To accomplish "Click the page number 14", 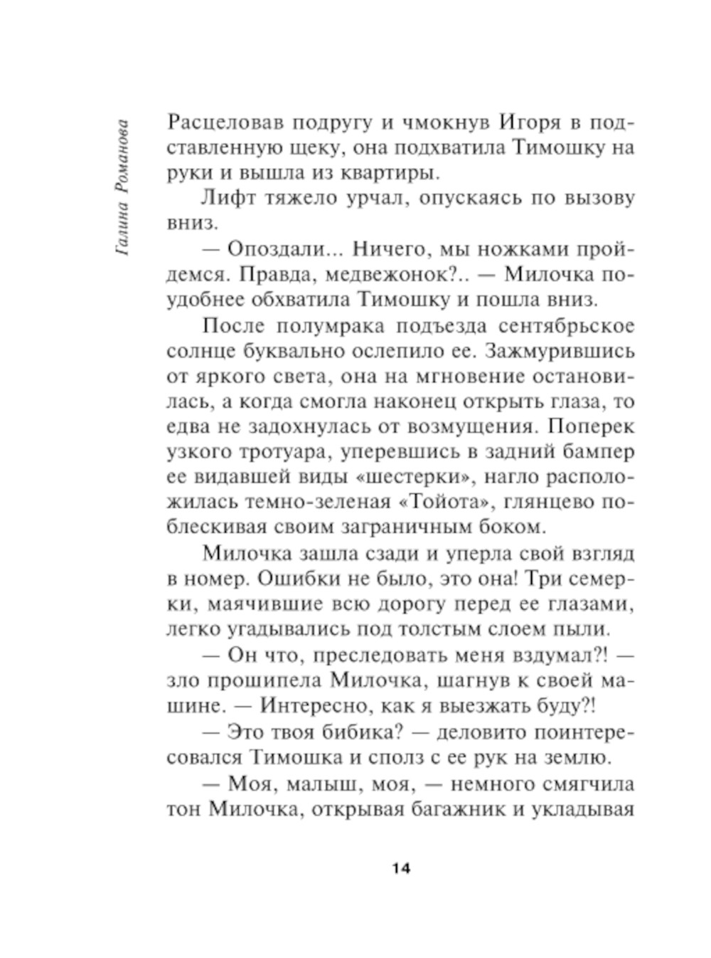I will (401, 869).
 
